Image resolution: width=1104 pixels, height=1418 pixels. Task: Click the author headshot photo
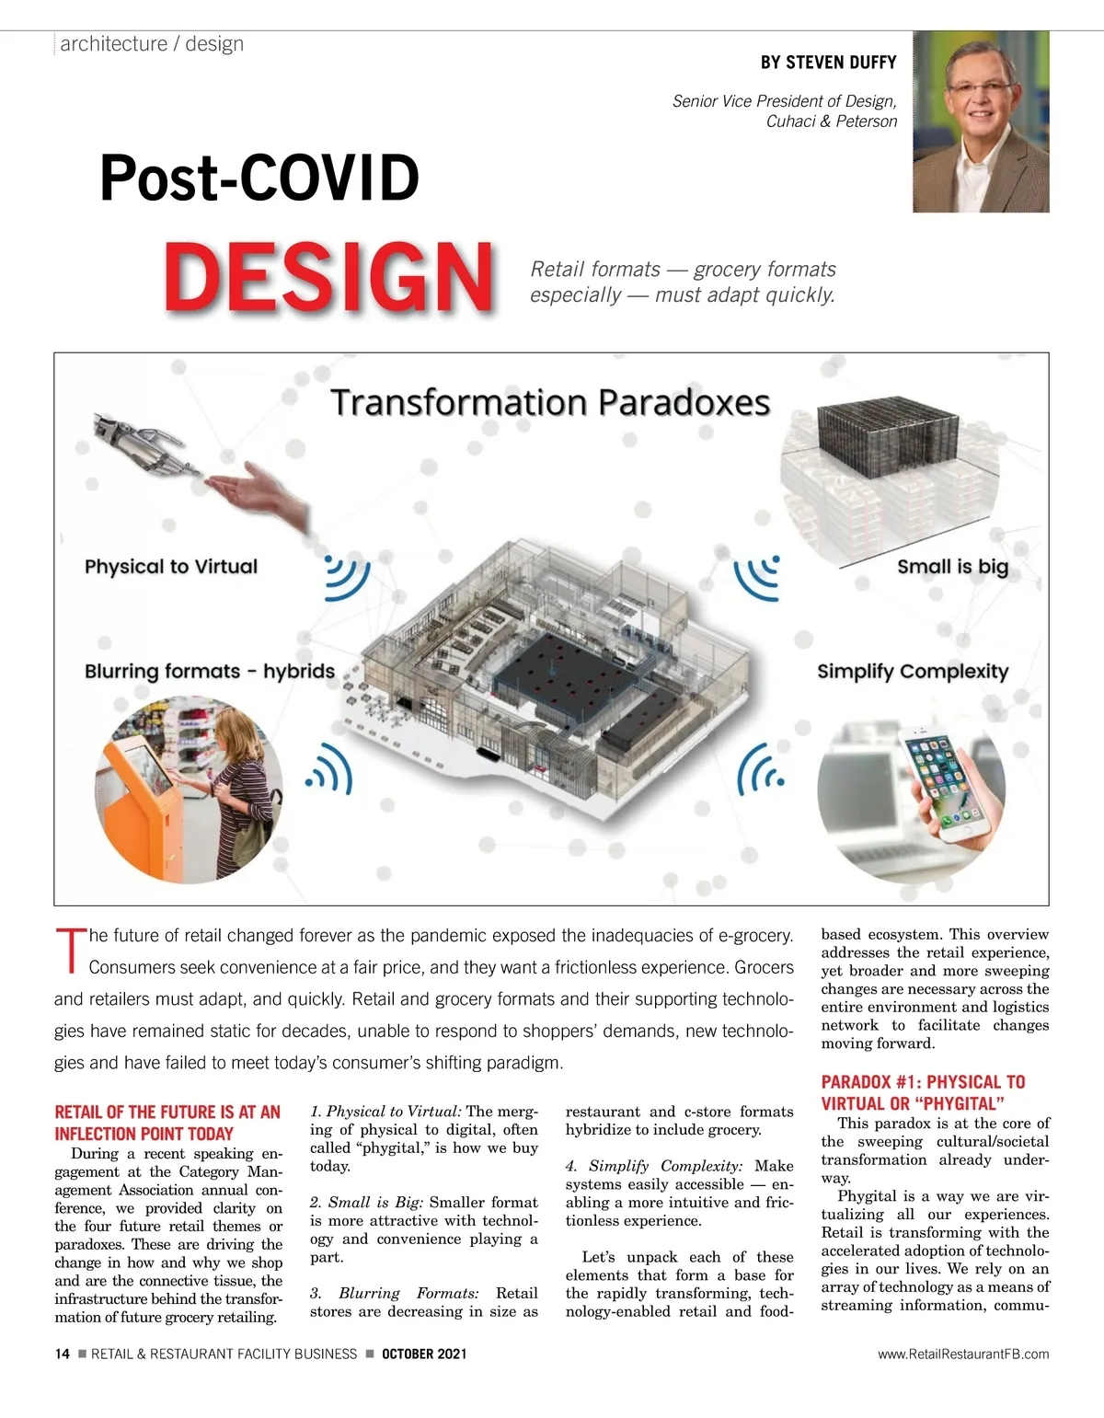[x=981, y=121]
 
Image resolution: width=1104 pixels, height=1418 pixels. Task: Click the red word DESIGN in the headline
[x=328, y=276]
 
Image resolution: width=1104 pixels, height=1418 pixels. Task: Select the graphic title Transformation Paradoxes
[x=550, y=403]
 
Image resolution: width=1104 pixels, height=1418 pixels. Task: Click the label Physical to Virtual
[x=171, y=567]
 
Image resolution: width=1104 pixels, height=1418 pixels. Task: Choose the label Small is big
[x=952, y=567]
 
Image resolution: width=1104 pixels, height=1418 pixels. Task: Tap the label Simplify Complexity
[x=913, y=672]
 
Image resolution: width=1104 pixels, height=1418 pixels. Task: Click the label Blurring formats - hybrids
[x=210, y=672]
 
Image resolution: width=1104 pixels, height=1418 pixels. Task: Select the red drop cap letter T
[x=70, y=951]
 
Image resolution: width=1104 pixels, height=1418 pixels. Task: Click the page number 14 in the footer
[x=63, y=1354]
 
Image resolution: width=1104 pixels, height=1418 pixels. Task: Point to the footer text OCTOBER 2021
[x=424, y=1354]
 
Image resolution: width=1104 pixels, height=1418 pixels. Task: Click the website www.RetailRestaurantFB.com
[x=963, y=1354]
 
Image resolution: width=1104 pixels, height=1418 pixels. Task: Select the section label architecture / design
[x=152, y=44]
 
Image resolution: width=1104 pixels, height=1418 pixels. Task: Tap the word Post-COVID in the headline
[x=259, y=178]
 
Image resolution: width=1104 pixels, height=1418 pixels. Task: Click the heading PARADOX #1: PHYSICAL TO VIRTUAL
[x=923, y=1092]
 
